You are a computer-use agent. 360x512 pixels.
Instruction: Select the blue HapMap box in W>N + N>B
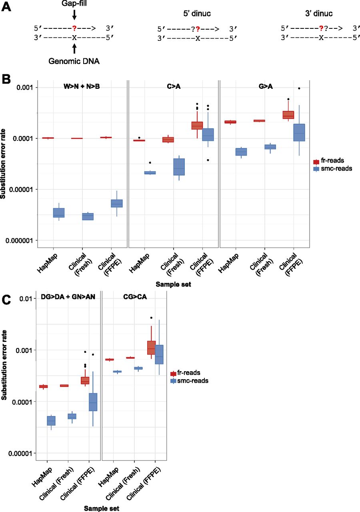tap(58, 212)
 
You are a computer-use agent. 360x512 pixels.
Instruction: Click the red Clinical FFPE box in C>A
tap(197, 125)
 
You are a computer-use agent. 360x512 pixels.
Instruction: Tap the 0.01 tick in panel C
tap(25, 299)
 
